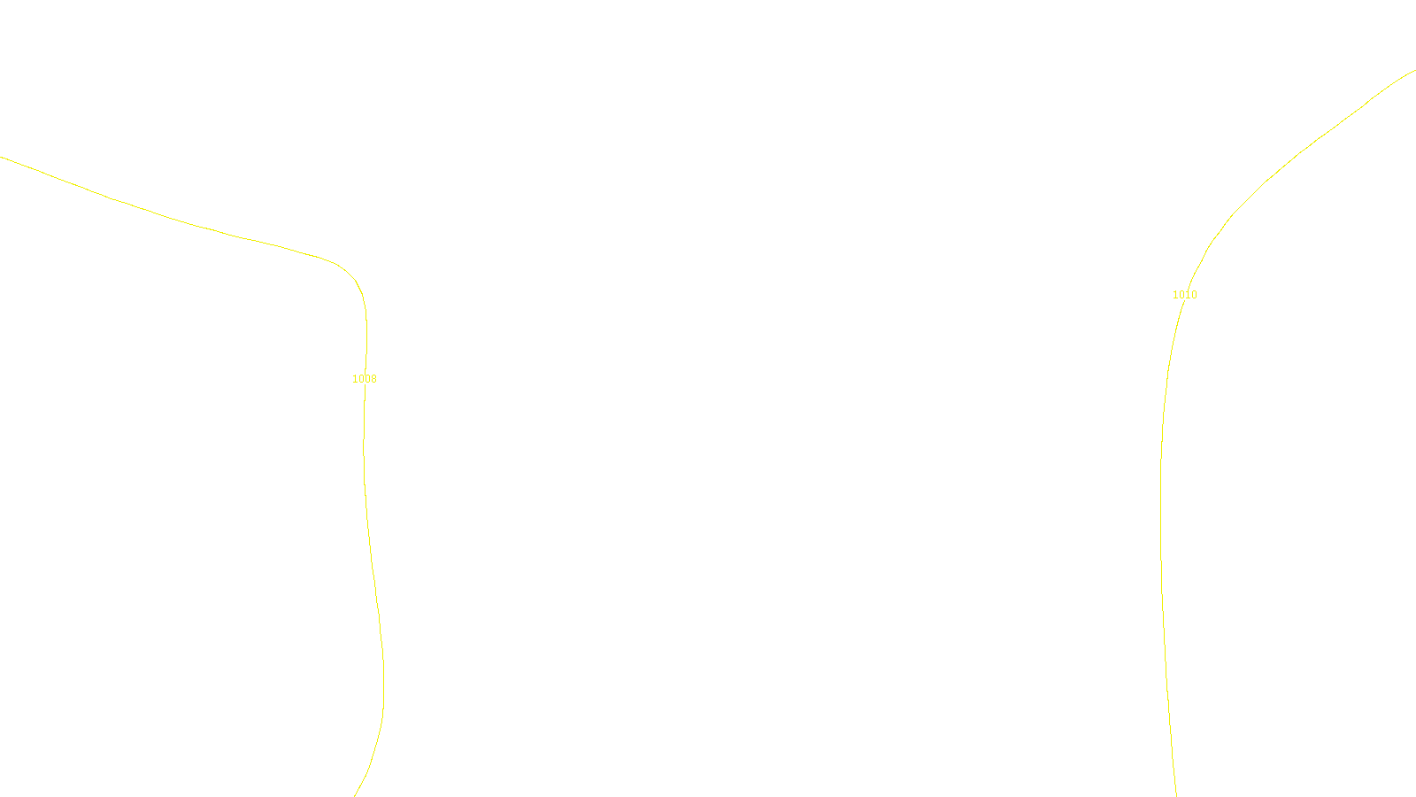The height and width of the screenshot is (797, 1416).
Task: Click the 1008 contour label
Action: pos(365,379)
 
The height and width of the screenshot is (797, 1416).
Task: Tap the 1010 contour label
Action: pos(1184,295)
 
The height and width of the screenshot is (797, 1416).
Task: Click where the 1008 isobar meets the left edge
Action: pos(2,158)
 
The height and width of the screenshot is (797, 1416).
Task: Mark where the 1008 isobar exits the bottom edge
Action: pos(355,795)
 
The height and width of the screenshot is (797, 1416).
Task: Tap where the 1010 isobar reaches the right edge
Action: pos(1414,71)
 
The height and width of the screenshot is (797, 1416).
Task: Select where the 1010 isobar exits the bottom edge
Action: pos(1176,795)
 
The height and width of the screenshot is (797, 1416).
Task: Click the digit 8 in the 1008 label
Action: pos(373,379)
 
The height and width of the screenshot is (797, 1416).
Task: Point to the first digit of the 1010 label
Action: pos(1175,295)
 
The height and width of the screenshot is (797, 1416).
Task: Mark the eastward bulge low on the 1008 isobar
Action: pos(383,682)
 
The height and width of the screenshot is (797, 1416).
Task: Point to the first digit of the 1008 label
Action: pos(355,379)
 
